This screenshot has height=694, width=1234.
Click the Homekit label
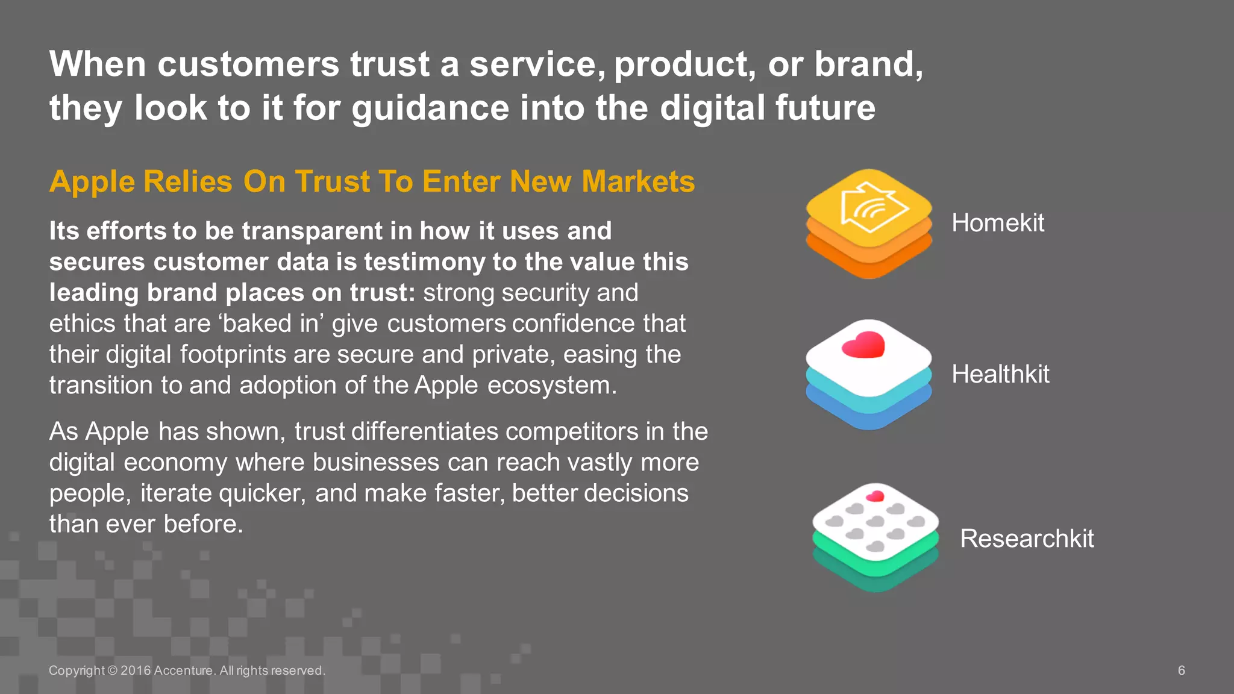[x=997, y=223]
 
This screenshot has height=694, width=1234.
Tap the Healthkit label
[x=1000, y=374]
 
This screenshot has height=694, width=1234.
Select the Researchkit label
[x=1027, y=539]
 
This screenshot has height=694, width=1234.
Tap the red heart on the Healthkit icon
[x=863, y=345]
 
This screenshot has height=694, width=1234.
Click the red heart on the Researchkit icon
[x=874, y=496]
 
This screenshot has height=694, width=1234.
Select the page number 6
[x=1182, y=671]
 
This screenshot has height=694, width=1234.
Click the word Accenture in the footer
[x=183, y=671]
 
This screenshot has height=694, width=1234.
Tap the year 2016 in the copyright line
[x=136, y=671]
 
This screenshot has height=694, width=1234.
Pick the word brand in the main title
[x=864, y=64]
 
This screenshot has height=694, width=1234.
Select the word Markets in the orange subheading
[x=638, y=181]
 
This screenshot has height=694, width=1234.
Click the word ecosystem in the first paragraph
[x=551, y=386]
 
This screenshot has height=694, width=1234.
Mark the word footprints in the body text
[x=233, y=354]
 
